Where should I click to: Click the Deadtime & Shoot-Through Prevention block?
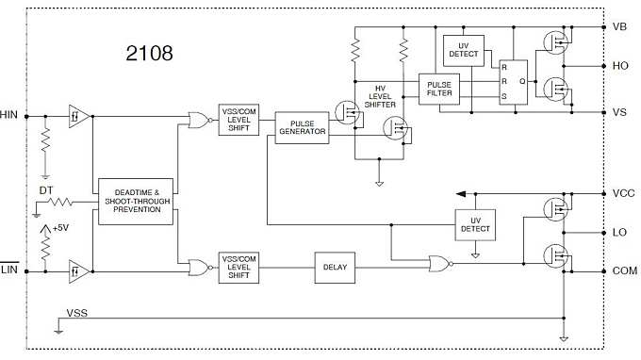click(x=137, y=201)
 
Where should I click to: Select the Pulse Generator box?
click(x=302, y=127)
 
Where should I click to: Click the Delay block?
click(x=335, y=268)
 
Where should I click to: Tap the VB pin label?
click(x=619, y=27)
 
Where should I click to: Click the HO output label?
click(x=619, y=66)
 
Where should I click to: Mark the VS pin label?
click(x=619, y=112)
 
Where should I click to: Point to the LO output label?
click(x=619, y=231)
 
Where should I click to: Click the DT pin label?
click(x=46, y=190)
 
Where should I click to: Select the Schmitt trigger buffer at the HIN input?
click(x=78, y=116)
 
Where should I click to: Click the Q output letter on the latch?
click(x=521, y=81)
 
